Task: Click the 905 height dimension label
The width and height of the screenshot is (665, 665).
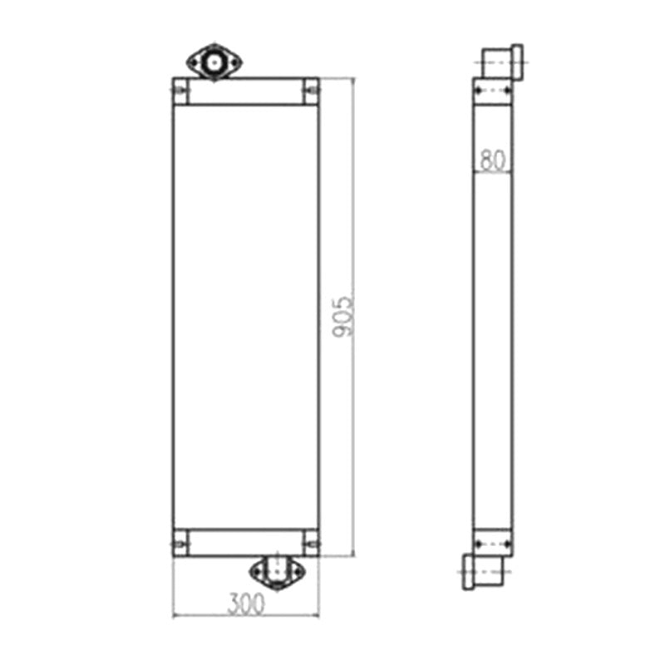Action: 342,317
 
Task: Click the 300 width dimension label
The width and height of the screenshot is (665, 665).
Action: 245,604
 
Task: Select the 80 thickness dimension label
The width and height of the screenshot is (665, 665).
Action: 493,160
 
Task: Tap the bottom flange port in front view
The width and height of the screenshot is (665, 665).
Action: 277,573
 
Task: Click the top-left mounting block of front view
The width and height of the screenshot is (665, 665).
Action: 180,91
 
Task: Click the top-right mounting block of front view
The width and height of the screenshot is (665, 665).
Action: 311,91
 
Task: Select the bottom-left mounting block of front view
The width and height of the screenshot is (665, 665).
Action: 180,543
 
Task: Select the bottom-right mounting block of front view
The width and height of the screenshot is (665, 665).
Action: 311,543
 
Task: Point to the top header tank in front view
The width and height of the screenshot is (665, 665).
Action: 245,91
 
